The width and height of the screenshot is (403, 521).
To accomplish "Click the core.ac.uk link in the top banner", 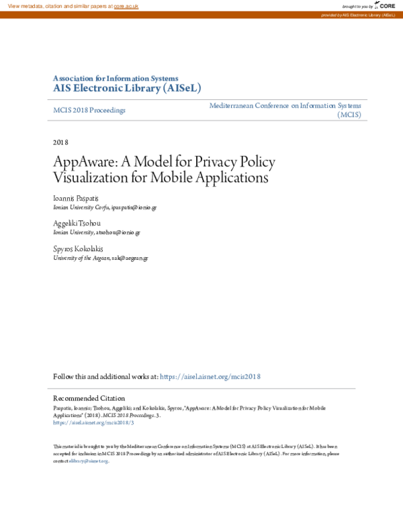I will pyautogui.click(x=126, y=6).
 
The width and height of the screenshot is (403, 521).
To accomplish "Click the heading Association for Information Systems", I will pyautogui.click(x=116, y=78).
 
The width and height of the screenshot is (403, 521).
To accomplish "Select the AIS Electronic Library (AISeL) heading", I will pyautogui.click(x=127, y=88).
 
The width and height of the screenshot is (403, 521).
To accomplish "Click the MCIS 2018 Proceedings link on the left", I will pyautogui.click(x=89, y=110).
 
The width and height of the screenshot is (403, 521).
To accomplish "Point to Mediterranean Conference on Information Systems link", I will pyautogui.click(x=285, y=106).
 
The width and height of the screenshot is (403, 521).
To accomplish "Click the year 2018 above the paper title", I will pyautogui.click(x=60, y=142).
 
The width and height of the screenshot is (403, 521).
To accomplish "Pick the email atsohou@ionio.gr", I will pyautogui.click(x=118, y=232).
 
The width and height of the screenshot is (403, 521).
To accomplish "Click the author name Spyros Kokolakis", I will pyautogui.click(x=79, y=248).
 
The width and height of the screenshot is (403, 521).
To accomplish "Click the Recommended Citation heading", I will pyautogui.click(x=89, y=398).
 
